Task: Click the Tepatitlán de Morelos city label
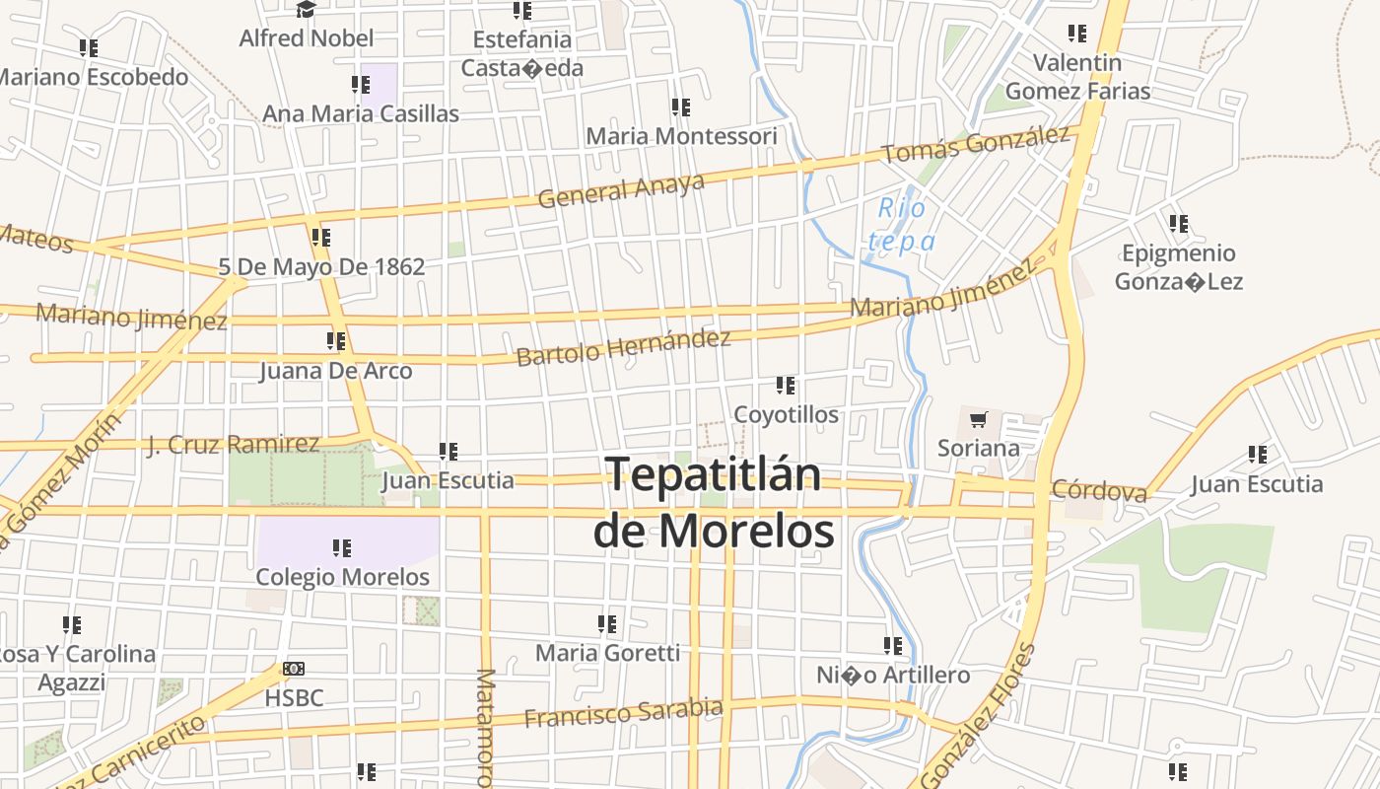pos(713,502)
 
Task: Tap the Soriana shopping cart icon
pos(978,421)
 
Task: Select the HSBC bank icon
pos(294,669)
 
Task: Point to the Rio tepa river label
pos(902,224)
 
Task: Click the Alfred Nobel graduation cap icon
pos(306,10)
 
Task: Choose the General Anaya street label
pos(621,189)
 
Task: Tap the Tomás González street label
pos(975,145)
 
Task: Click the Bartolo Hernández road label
pos(623,347)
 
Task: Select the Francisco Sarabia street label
pos(623,712)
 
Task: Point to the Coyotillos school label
pos(786,414)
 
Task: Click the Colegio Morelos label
pos(342,577)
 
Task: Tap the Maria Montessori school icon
pos(680,107)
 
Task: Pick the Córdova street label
pos(1099,490)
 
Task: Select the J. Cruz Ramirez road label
pos(233,445)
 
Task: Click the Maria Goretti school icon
pos(607,623)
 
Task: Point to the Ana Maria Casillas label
pos(361,113)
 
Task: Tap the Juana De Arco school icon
pos(335,341)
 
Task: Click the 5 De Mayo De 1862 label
pos(321,266)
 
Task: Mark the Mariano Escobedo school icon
pos(89,47)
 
